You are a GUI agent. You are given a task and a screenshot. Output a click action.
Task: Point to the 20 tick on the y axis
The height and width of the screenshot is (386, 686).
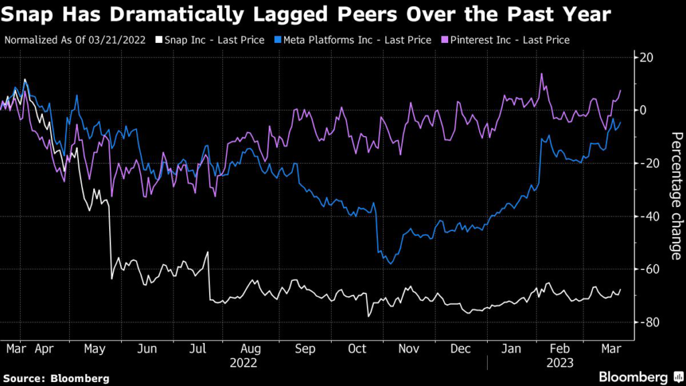[646, 58]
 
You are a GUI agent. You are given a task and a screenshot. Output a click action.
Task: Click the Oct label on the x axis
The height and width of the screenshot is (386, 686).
[356, 349]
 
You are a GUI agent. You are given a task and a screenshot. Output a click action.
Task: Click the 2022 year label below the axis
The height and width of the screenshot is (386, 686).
[243, 362]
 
